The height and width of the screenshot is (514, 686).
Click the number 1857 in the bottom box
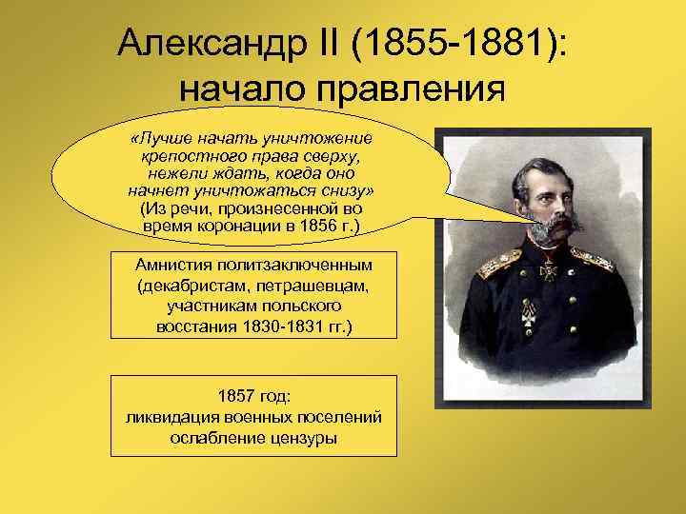point(235,397)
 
